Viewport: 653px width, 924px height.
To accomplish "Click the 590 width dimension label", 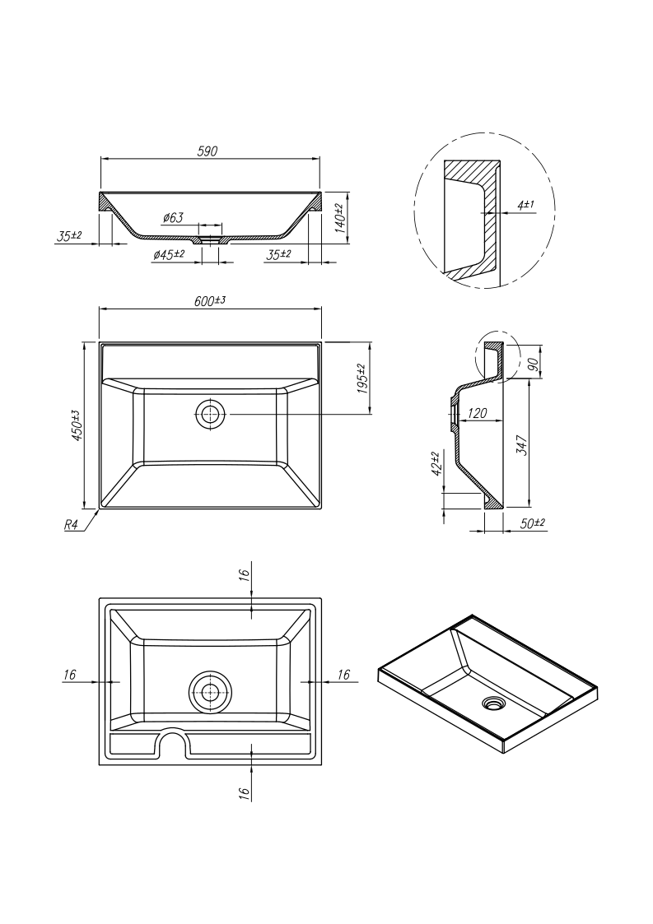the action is coord(207,151).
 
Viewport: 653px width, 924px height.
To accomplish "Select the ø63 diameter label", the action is coord(173,217).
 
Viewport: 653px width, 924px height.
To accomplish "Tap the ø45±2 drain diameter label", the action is coord(169,254).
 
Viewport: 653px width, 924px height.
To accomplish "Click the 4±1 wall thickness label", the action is coord(525,205).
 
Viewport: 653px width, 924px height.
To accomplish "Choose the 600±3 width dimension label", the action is coord(210,300).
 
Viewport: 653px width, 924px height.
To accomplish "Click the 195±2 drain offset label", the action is coord(361,379).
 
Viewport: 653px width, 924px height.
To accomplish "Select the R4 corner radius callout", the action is coord(71,524).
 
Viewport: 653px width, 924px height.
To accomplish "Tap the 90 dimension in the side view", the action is coord(534,364).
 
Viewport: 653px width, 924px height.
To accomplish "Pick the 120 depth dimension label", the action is coord(477,413).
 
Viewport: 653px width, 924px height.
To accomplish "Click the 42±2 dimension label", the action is coord(436,464).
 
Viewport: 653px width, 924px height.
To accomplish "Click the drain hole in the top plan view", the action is coord(210,414).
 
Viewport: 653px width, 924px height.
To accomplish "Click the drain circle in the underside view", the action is coord(208,691).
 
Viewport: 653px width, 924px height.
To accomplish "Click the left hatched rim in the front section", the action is coord(106,202).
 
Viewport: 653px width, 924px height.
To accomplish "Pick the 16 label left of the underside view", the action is coord(70,675).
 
